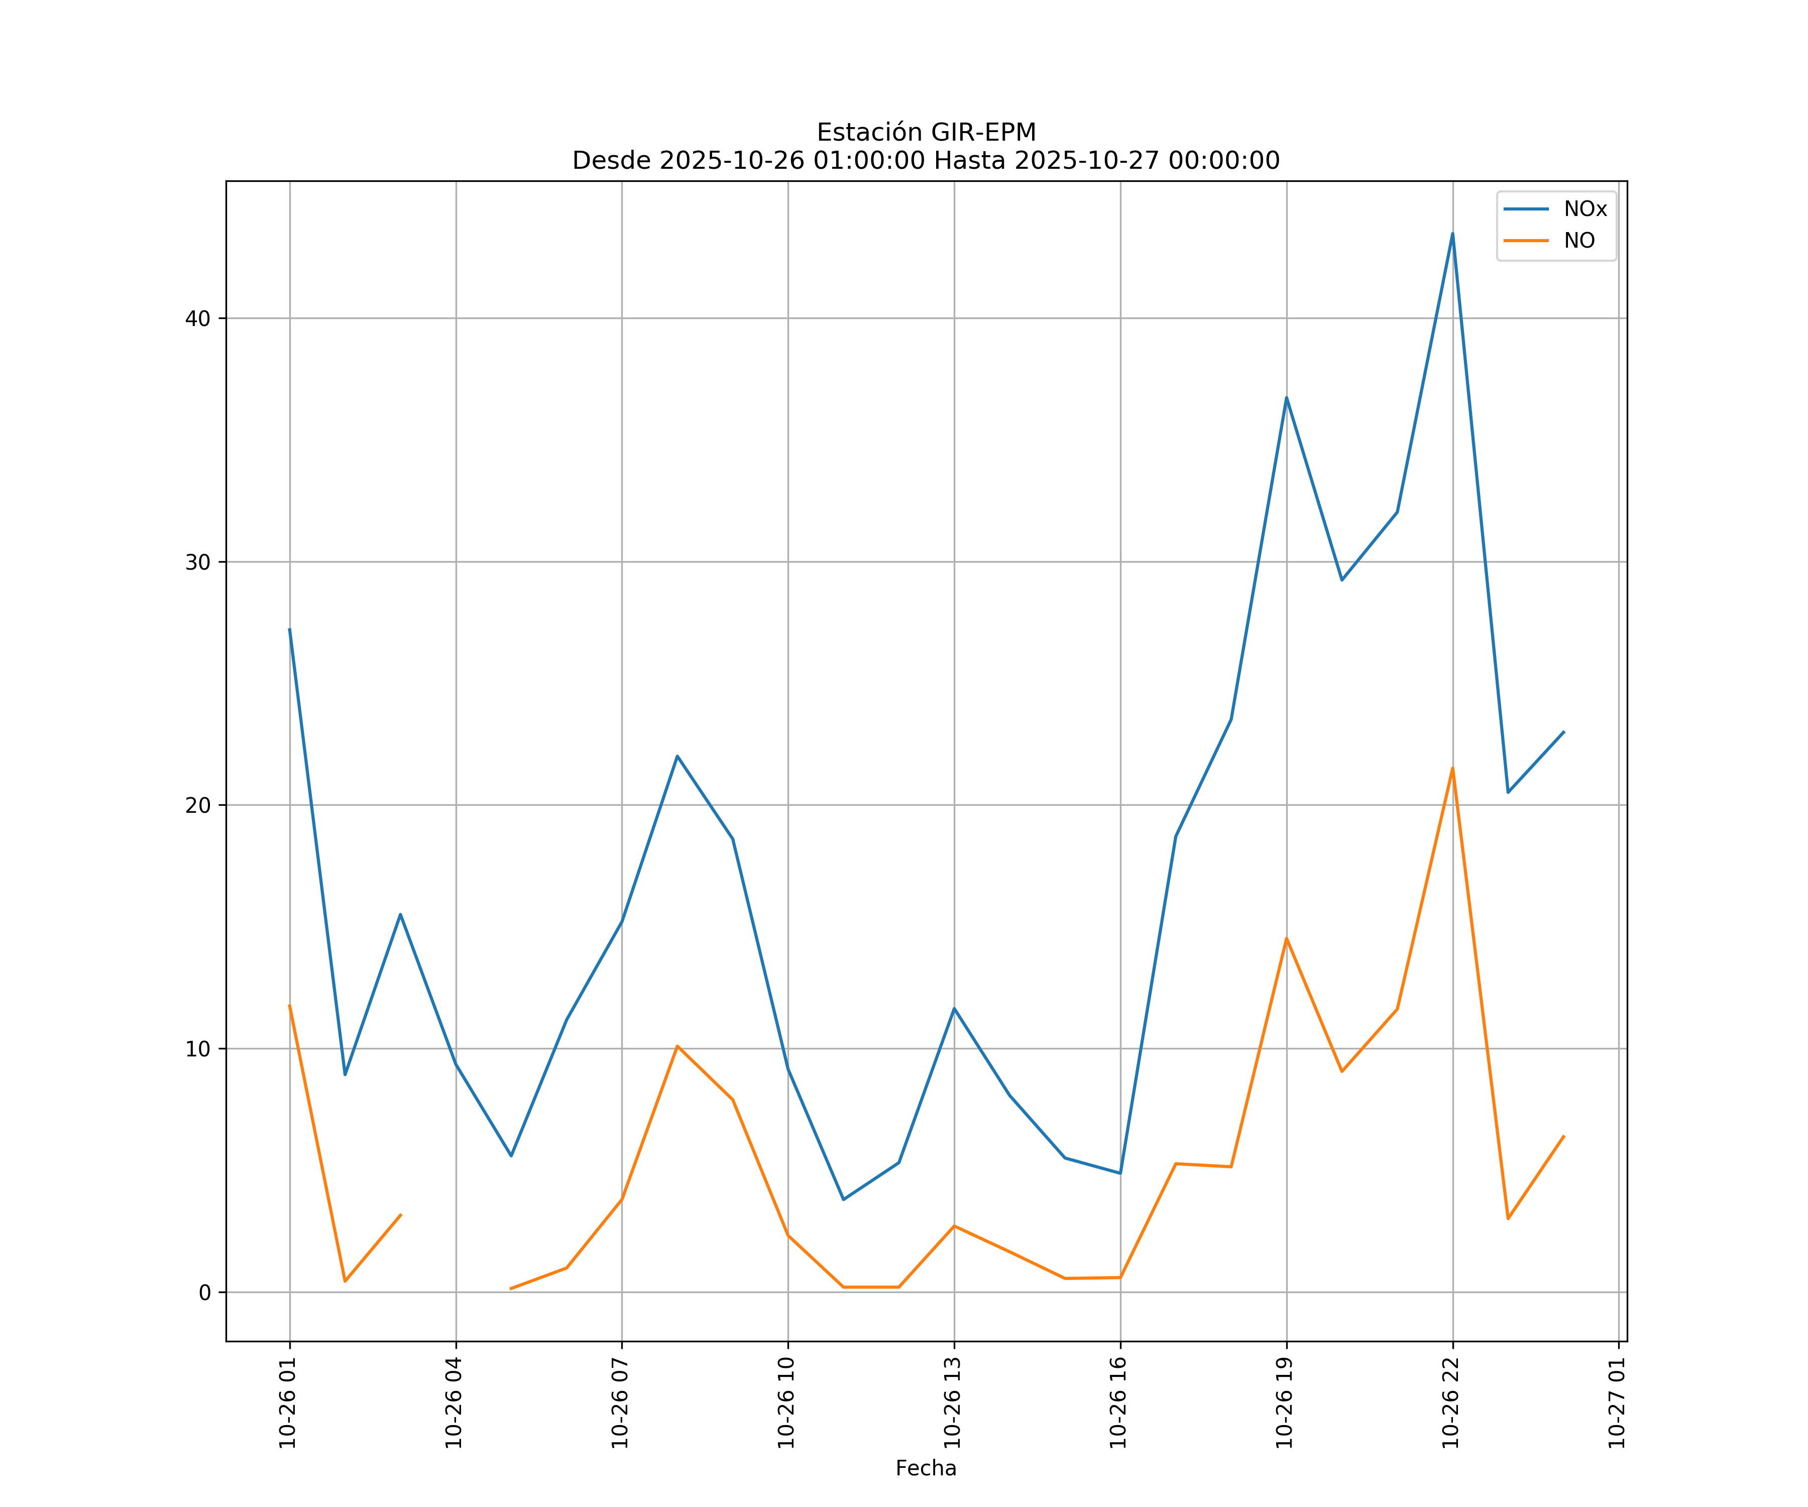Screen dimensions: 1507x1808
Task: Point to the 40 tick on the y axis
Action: pyautogui.click(x=198, y=318)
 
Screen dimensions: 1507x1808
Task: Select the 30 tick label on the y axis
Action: pyautogui.click(x=198, y=562)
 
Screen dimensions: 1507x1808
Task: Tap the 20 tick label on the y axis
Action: pyautogui.click(x=198, y=805)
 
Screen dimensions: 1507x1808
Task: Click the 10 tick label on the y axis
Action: pyautogui.click(x=198, y=1049)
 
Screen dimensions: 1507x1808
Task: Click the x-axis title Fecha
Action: pyautogui.click(x=926, y=1468)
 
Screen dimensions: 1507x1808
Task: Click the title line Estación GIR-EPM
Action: pyautogui.click(x=926, y=133)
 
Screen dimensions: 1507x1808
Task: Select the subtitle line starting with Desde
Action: pyautogui.click(x=926, y=160)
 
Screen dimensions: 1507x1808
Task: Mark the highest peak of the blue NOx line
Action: pyautogui.click(x=1452, y=234)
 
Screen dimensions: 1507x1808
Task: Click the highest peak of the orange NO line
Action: pyautogui.click(x=1452, y=768)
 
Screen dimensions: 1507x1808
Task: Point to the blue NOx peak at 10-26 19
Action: pyautogui.click(x=1286, y=398)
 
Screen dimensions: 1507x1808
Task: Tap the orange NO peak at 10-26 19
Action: pyautogui.click(x=1286, y=939)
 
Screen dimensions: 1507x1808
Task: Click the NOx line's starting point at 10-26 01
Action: pyautogui.click(x=289, y=629)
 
